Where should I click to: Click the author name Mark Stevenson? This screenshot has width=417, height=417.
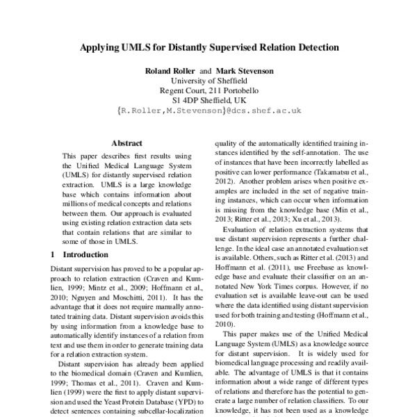244,71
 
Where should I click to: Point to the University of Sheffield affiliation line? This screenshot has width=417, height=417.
208,81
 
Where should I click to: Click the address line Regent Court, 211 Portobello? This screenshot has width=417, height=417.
208,90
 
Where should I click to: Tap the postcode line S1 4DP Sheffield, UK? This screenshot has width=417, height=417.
208,100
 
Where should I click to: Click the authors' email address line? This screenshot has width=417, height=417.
208,110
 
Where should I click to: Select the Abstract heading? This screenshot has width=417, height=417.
126,142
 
